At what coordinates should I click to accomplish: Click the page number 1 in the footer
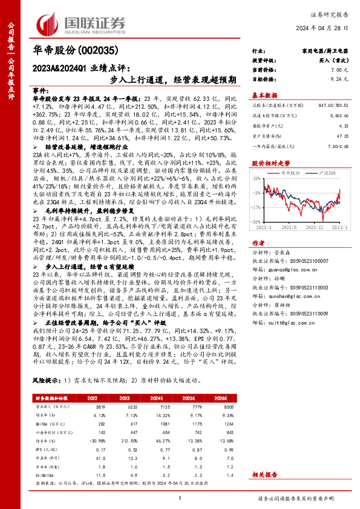pyautogui.click(x=180, y=498)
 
